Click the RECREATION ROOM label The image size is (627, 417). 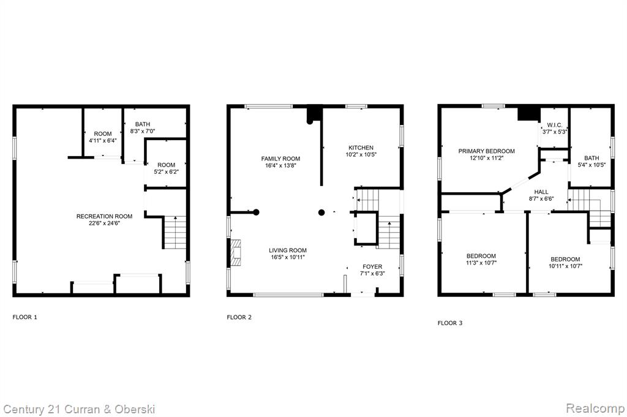click(104, 216)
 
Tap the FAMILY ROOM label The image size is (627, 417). click(280, 159)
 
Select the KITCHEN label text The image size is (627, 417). click(361, 148)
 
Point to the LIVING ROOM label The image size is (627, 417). click(288, 250)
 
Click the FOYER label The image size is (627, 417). click(372, 267)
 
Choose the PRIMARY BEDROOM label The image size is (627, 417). click(486, 151)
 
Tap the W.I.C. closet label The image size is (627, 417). click(555, 125)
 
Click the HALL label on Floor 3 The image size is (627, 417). click(541, 192)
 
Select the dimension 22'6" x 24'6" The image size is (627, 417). click(104, 223)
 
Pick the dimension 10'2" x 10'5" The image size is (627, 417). click(361, 154)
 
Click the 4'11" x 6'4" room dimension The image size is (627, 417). click(103, 141)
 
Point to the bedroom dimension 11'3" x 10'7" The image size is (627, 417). click(481, 263)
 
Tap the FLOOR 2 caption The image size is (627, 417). click(239, 317)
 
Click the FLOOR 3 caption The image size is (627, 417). click(450, 323)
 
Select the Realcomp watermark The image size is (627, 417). click(595, 408)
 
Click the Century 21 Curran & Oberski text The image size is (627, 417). click(79, 410)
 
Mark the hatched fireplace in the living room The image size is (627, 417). click(236, 253)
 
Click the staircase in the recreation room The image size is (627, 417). click(175, 232)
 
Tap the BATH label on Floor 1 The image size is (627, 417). click(142, 124)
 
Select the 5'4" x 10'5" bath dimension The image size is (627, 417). click(591, 165)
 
